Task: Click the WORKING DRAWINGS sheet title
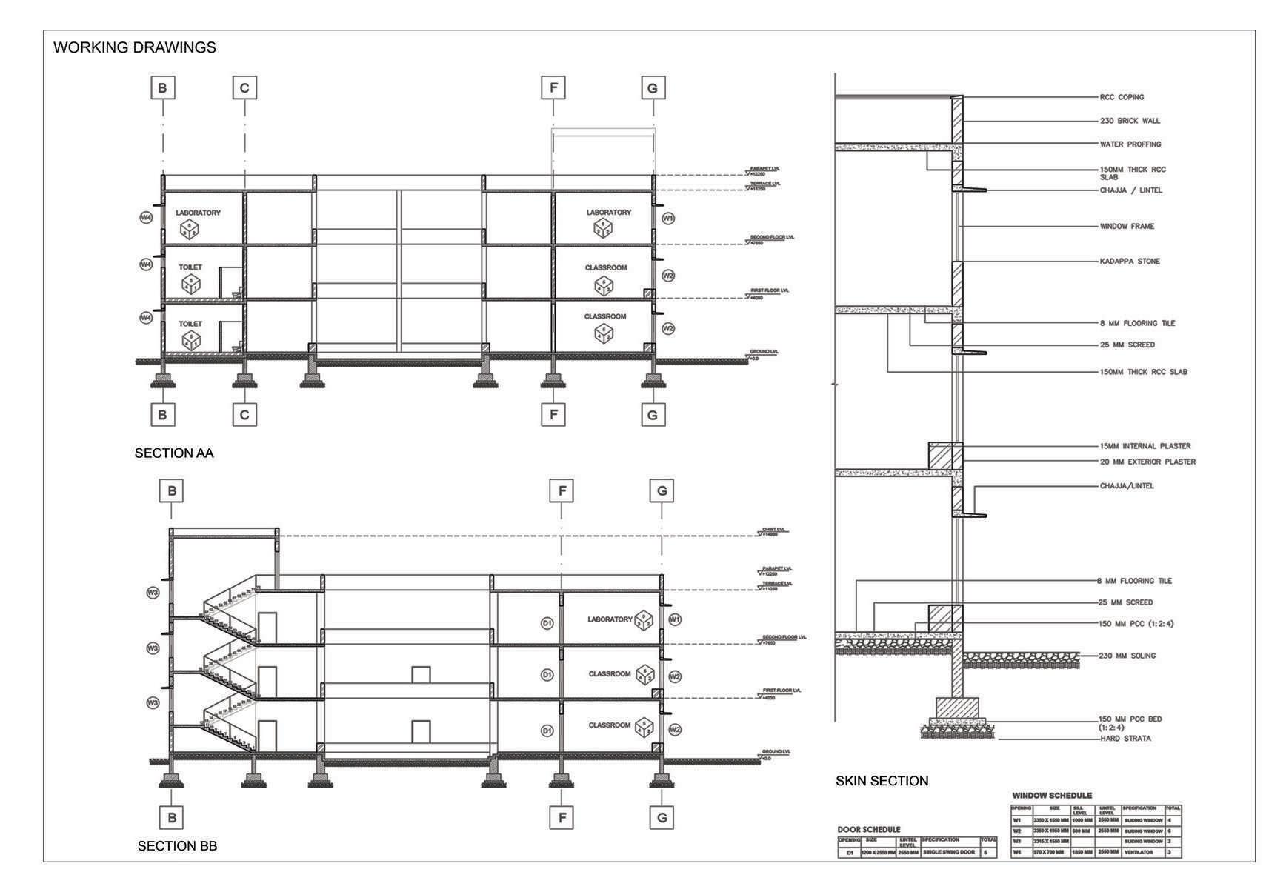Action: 134,47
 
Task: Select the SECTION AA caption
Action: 174,453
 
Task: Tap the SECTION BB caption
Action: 177,845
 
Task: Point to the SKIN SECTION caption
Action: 882,781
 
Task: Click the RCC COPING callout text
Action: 1122,97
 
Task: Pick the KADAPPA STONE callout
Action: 1130,262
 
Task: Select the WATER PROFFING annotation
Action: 1130,144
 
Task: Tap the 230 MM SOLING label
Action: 1127,656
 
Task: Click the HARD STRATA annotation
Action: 1125,739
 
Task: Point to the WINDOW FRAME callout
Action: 1127,226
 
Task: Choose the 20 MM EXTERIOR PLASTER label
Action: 1147,462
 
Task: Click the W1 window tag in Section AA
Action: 668,219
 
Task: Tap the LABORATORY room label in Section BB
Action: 610,619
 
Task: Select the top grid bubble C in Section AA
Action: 244,88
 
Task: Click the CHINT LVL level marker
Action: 773,531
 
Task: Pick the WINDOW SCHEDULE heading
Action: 1052,796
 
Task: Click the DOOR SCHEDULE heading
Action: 869,829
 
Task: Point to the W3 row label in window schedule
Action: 1017,842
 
